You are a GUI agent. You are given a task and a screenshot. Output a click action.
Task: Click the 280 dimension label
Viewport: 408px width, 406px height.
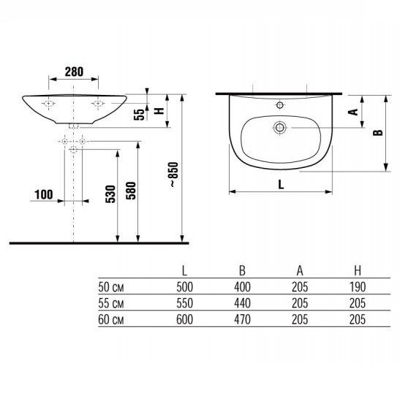(74, 72)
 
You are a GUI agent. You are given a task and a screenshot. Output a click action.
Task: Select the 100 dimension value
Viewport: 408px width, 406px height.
(44, 194)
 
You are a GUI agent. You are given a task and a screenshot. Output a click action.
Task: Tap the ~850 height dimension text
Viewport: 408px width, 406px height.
(174, 175)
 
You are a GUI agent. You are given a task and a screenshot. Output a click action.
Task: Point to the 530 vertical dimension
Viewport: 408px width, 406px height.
(110, 194)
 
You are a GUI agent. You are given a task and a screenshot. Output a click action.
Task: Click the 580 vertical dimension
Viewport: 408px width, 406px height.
(131, 191)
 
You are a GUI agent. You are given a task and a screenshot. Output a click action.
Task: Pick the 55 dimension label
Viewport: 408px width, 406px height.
(139, 115)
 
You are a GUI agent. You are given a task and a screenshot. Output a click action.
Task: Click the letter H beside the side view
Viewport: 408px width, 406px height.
(159, 111)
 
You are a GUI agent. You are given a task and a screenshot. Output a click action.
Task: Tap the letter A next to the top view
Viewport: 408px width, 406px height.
(353, 112)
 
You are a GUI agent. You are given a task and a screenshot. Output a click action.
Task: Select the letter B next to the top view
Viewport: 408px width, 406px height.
(378, 133)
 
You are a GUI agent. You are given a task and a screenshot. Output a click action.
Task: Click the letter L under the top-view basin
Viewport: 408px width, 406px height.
(281, 185)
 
